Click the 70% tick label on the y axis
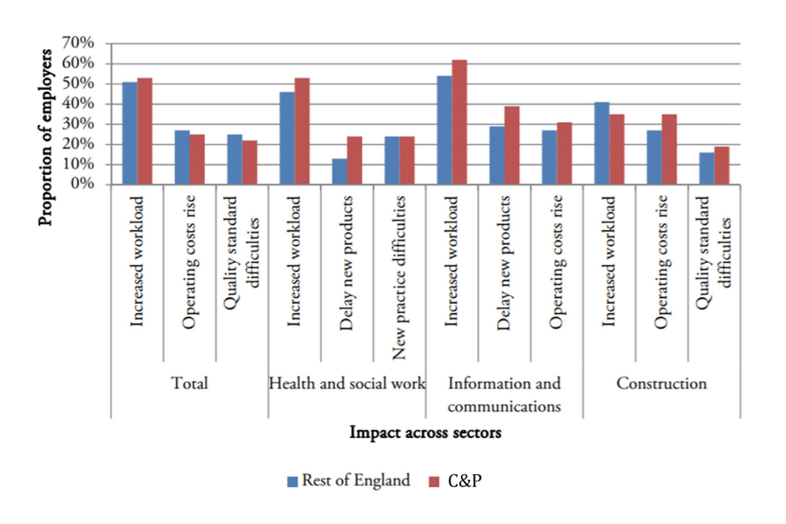pyautogui.click(x=81, y=43)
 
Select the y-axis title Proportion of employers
pyautogui.click(x=47, y=137)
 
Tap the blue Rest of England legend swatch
pyautogui.click(x=292, y=481)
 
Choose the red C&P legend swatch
pyautogui.click(x=435, y=481)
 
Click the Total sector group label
pyautogui.click(x=189, y=383)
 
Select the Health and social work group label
pyautogui.click(x=347, y=383)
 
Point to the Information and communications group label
pyautogui.click(x=505, y=393)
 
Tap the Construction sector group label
pyautogui.click(x=662, y=383)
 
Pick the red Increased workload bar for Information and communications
pyautogui.click(x=459, y=122)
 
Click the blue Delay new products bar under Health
pyautogui.click(x=340, y=172)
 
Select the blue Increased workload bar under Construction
pyautogui.click(x=602, y=143)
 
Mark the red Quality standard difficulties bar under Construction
pyautogui.click(x=721, y=165)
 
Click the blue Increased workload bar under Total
pyautogui.click(x=130, y=133)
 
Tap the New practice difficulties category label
pyautogui.click(x=399, y=278)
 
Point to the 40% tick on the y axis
pyautogui.click(x=81, y=104)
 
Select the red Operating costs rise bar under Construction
pyautogui.click(x=669, y=149)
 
